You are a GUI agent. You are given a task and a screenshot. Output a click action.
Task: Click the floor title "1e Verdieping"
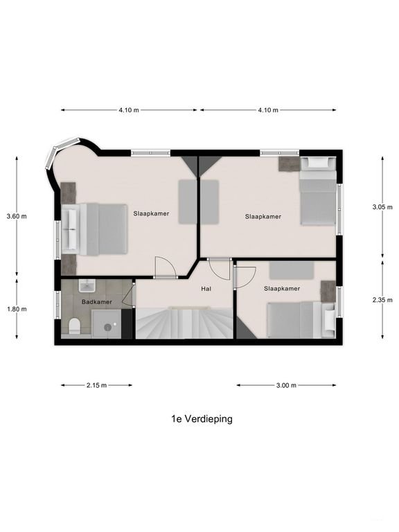pos(202,418)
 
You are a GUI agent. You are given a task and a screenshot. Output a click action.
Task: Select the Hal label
pos(206,288)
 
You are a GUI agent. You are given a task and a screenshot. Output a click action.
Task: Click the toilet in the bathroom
pos(75,326)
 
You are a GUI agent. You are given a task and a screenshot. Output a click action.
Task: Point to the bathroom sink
pos(87,286)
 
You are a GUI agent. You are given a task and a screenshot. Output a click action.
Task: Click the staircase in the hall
pos(184,323)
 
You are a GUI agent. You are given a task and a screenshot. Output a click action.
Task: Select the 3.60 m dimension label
pos(16,216)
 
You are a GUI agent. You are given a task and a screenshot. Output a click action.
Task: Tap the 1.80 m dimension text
pos(16,310)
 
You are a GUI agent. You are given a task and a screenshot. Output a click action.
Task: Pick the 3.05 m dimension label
pos(382,207)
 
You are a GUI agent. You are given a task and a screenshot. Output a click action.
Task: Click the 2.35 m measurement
pos(382,300)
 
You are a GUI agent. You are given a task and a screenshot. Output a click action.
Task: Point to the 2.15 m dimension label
pos(96,385)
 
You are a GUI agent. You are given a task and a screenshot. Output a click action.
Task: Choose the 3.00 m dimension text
pos(285,385)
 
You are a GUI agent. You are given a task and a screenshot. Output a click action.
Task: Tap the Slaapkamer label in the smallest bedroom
pos(282,288)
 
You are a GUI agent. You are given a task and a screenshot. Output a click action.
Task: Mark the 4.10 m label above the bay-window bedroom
pos(129,110)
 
